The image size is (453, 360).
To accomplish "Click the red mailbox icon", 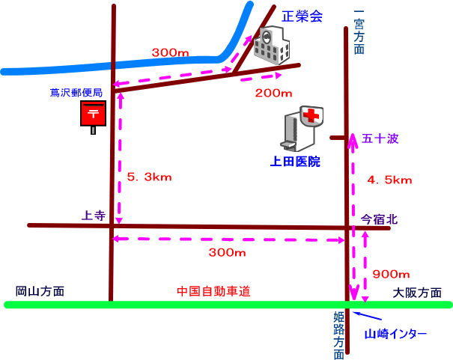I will point(93,116).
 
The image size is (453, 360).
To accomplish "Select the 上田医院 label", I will point(295,161).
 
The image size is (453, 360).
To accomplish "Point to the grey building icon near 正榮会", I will point(270,47).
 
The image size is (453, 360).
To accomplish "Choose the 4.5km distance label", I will point(389,180).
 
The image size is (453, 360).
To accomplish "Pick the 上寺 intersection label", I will point(93,216).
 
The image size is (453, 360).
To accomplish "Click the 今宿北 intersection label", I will point(380,219).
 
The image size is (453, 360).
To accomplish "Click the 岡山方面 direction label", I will point(40,291).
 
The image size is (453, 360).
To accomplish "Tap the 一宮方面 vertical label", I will point(359,32).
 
